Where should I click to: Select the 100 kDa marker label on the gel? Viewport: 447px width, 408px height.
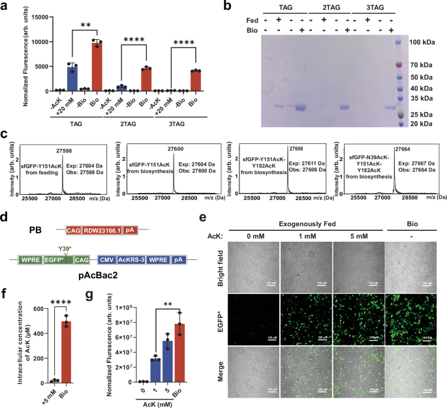(x=424, y=42)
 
